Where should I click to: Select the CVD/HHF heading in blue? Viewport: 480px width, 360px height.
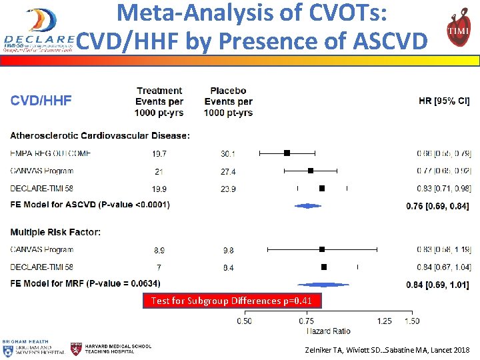tap(41, 101)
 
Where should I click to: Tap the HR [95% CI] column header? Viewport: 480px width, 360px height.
tap(444, 101)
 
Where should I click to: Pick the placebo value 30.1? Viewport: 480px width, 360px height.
tap(228, 153)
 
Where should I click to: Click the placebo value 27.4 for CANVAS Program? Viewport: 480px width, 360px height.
tap(228, 171)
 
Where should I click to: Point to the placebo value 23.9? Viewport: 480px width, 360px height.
tap(228, 189)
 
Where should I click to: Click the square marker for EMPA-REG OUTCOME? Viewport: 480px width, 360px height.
tap(287, 153)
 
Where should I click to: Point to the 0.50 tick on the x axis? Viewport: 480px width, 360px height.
tap(244, 321)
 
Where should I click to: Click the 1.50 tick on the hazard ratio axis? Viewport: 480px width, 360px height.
tap(411, 321)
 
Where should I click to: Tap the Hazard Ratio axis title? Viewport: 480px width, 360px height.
tap(327, 331)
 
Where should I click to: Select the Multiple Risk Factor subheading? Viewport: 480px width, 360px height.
tap(55, 233)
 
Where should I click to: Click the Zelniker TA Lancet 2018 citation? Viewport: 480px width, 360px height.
tap(387, 349)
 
